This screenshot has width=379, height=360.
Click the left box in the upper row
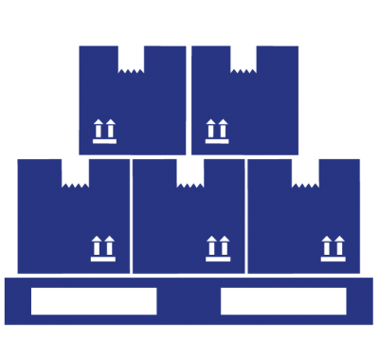coord(133,104)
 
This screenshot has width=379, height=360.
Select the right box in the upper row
coord(245,104)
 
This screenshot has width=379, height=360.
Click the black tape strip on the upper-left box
coord(131,56)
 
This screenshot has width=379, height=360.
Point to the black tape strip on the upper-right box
coord(244,56)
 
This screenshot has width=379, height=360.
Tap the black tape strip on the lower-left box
coord(75,171)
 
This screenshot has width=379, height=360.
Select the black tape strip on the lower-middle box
coord(190,171)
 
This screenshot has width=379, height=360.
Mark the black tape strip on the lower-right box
coord(305,171)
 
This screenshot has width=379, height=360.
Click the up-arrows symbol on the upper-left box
coord(104,132)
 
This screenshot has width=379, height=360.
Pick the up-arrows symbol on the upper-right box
coord(217,132)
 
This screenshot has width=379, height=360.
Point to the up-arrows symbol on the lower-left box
coord(102,248)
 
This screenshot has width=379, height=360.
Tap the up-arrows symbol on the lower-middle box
coord(218,248)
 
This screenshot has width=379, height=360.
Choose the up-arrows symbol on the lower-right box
coord(333,248)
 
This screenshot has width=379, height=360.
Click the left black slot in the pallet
coord(93,300)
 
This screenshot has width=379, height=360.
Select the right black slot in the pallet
coord(283,300)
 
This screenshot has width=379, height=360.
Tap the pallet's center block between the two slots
coord(189,301)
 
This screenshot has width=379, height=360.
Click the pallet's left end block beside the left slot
coord(17,301)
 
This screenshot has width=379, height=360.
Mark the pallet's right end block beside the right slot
coord(360,301)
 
